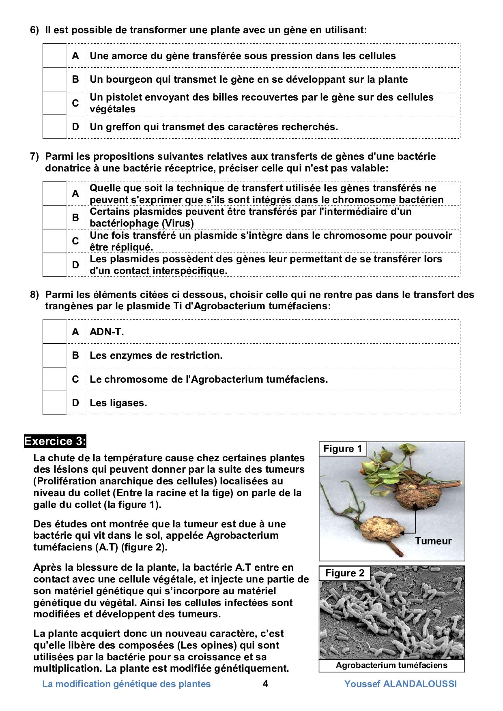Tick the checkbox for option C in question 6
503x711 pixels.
click(54, 103)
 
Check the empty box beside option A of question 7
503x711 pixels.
click(54, 194)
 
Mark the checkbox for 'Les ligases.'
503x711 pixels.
click(54, 403)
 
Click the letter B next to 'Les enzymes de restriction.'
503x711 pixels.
click(75, 355)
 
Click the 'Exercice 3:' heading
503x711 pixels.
click(55, 441)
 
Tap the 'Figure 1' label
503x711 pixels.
click(342, 449)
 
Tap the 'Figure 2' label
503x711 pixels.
click(344, 573)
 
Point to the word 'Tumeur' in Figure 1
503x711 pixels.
click(433, 541)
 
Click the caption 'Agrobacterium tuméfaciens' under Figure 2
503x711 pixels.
click(391, 665)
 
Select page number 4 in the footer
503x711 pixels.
click(265, 684)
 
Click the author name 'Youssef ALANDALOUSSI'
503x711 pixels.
click(400, 684)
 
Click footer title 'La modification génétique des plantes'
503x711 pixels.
click(127, 684)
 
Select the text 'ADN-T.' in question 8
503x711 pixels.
click(107, 332)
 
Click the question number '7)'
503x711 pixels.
click(34, 156)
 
